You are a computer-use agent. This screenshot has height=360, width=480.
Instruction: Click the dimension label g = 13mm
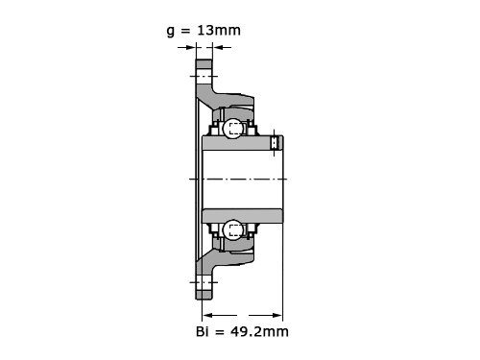204,31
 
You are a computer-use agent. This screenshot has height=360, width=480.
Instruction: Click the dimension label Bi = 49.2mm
242,331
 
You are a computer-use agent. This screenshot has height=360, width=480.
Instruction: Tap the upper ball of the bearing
232,129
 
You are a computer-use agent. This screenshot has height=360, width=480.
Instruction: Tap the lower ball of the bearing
232,229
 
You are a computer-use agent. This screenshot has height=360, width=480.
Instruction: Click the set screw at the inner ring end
275,143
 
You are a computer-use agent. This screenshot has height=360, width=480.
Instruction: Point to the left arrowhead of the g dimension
191,48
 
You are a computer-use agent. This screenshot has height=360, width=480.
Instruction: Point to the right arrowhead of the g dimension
217,48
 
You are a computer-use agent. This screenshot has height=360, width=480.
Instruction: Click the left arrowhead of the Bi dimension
208,316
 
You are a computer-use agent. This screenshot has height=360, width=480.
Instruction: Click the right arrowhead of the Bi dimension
276,316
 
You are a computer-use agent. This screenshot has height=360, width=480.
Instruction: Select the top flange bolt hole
204,76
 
